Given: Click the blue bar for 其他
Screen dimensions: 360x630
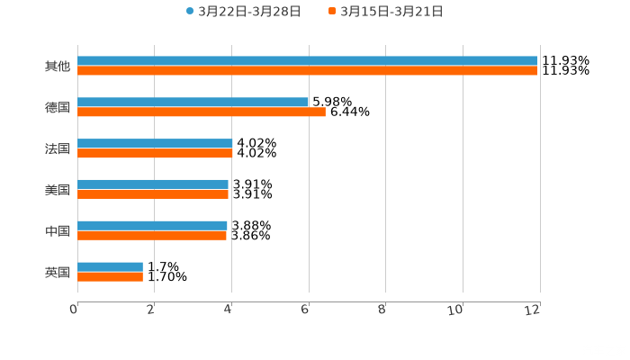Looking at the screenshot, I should click(307, 61).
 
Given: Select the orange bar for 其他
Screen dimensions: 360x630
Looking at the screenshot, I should click(307, 71).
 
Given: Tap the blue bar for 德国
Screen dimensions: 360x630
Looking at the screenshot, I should click(193, 103).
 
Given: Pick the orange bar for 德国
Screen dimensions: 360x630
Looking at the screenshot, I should click(202, 112).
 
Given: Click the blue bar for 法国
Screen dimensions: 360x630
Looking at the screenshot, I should click(155, 144).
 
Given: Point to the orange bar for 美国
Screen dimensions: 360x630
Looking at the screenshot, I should click(153, 193).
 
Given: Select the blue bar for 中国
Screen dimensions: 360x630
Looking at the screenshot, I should click(152, 226).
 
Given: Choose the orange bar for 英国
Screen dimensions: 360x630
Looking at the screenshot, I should click(110, 276).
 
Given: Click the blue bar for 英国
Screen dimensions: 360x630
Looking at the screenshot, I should click(110, 266).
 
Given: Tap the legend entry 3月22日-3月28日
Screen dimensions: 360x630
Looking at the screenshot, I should click(243, 12).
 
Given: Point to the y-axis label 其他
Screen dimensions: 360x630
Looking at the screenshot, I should click(58, 67).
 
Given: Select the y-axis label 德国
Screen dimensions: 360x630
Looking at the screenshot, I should click(58, 108).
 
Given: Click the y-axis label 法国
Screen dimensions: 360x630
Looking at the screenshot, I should click(58, 149).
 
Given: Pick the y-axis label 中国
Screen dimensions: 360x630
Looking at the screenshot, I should click(58, 231).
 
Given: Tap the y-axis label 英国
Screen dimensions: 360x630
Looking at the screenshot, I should click(58, 272).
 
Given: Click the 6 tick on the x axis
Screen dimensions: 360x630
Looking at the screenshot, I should click(306, 310).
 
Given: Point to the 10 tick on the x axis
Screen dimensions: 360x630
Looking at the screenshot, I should click(459, 310).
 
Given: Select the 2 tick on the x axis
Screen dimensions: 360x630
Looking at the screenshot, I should click(152, 310).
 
